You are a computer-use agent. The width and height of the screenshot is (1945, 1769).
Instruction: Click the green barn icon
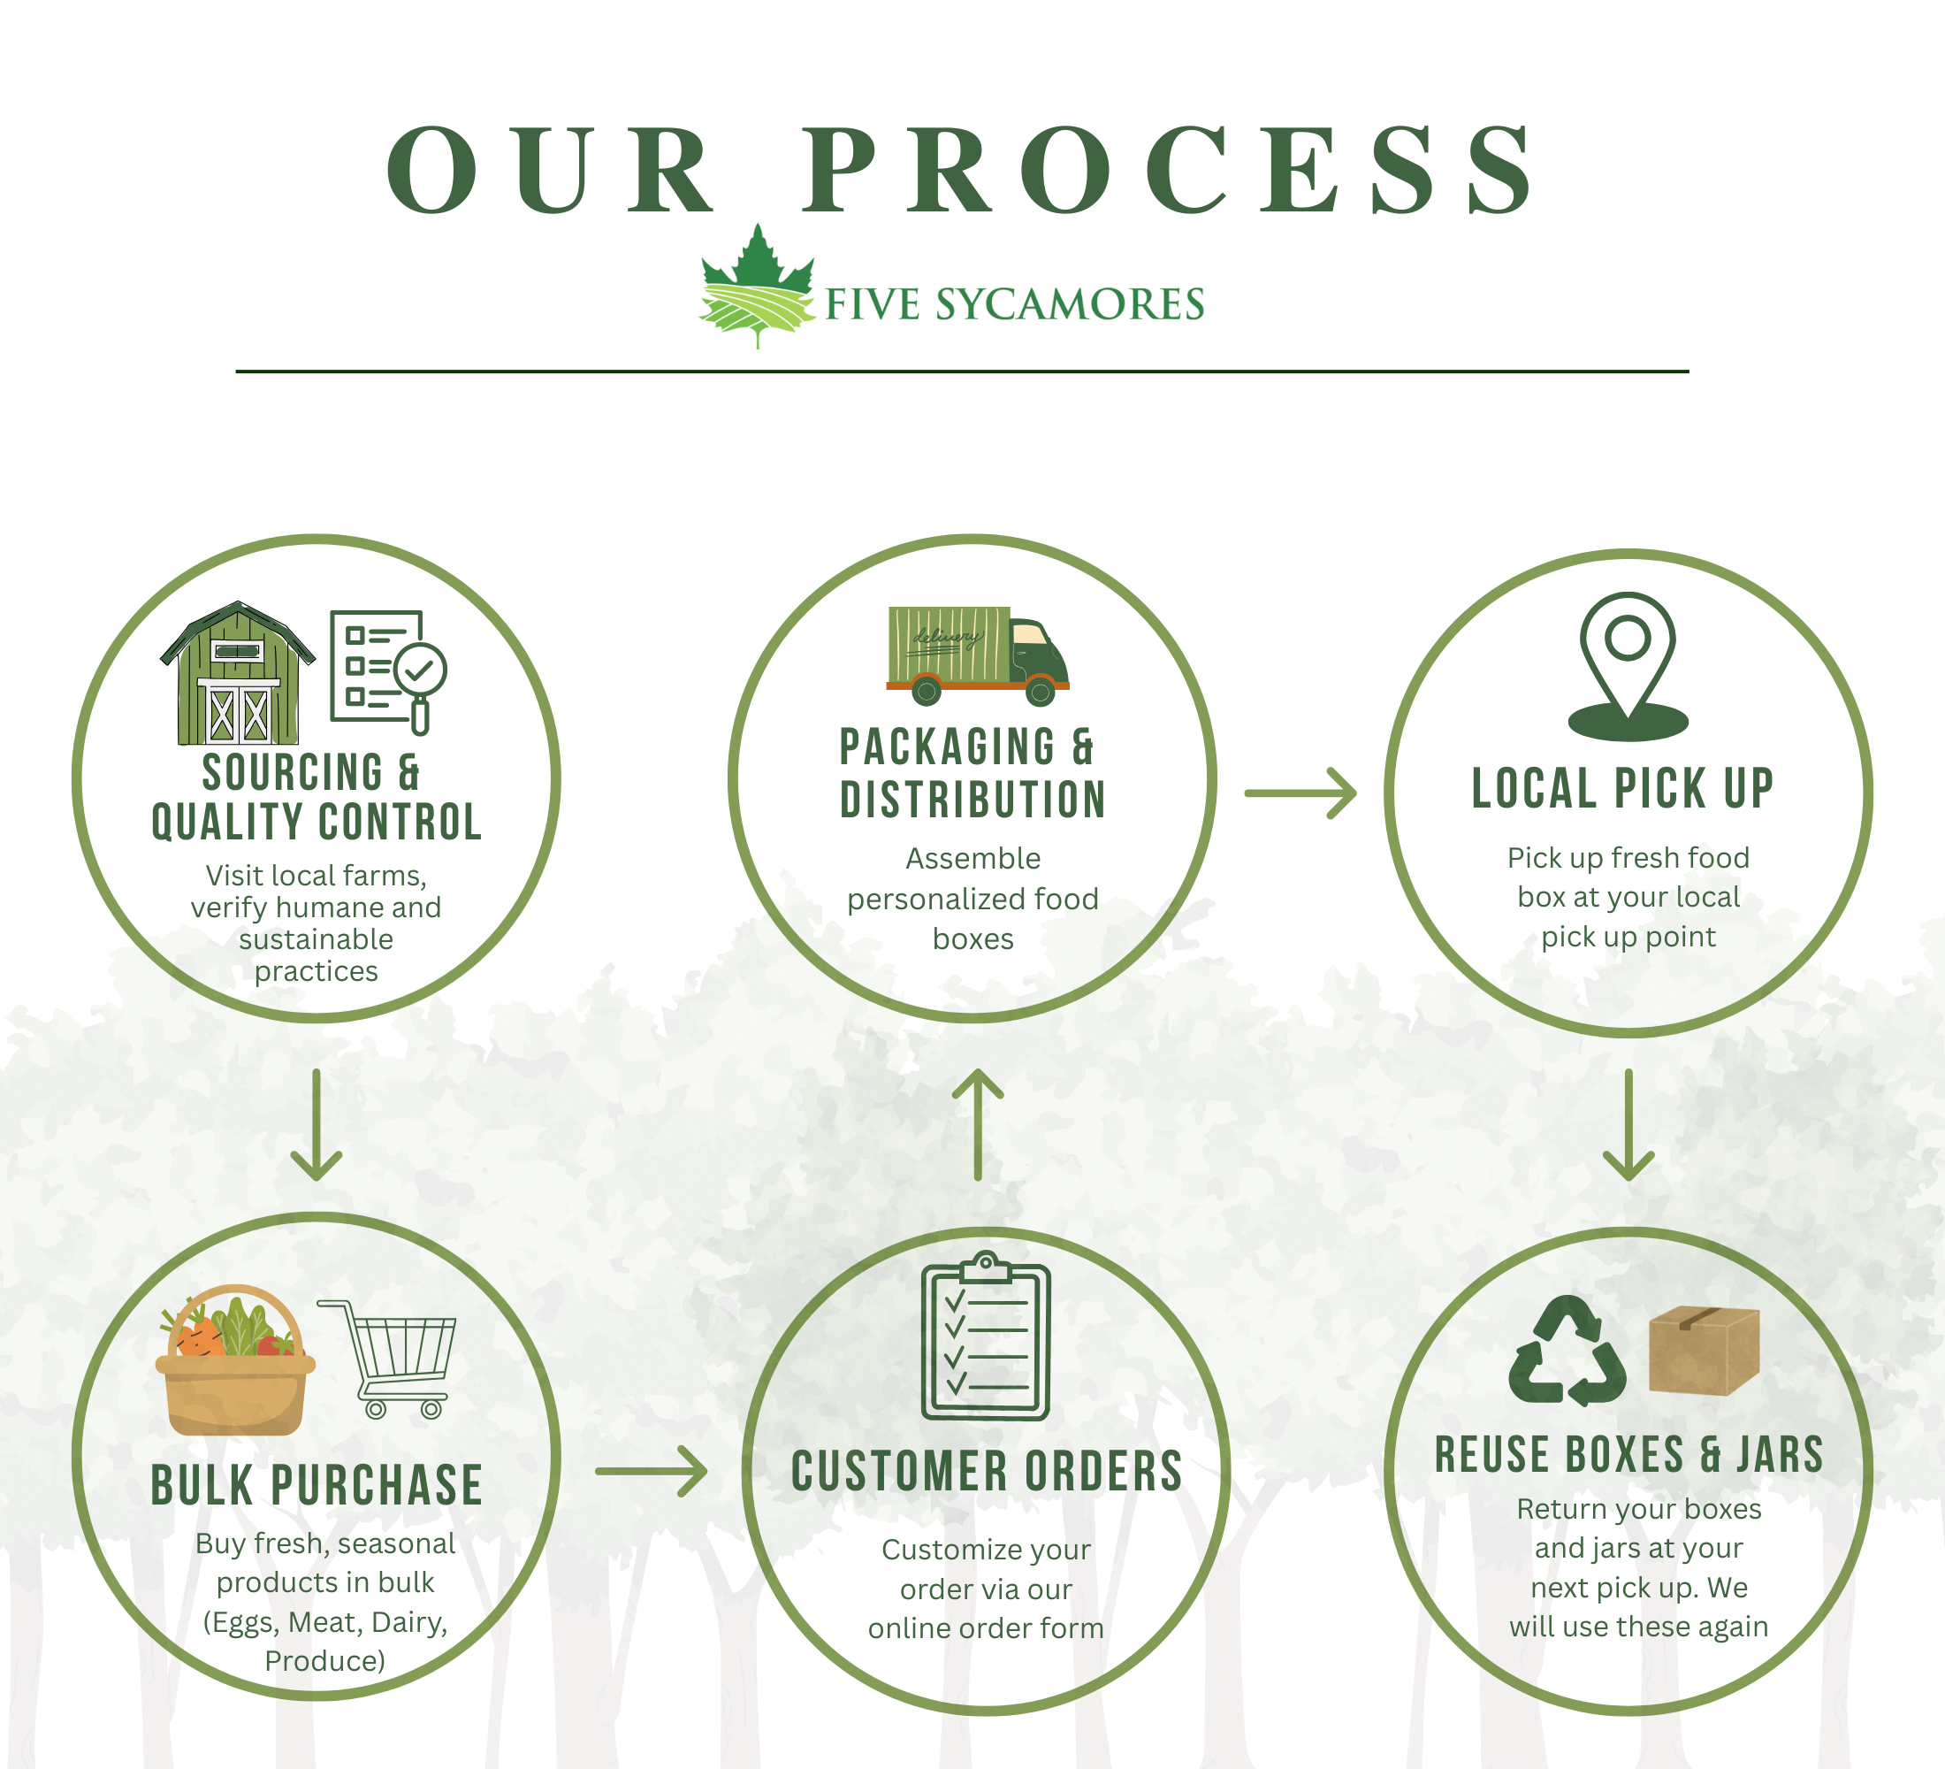pyautogui.click(x=237, y=674)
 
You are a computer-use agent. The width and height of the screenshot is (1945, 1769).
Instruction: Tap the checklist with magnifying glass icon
pyautogui.click(x=386, y=670)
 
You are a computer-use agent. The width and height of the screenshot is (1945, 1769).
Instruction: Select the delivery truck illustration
pyautogui.click(x=976, y=655)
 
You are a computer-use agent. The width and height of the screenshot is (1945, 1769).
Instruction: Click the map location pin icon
pyautogui.click(x=1628, y=666)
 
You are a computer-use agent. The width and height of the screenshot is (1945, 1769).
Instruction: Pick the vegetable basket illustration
pyautogui.click(x=235, y=1362)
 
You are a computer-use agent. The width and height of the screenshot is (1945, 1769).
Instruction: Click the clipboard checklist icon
pyautogui.click(x=985, y=1336)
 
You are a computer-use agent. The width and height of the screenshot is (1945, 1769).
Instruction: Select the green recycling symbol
pyautogui.click(x=1567, y=1352)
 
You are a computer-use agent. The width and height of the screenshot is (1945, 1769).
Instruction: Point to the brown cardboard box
pyautogui.click(x=1704, y=1349)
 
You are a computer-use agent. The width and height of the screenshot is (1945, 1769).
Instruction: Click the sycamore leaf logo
pyautogui.click(x=759, y=286)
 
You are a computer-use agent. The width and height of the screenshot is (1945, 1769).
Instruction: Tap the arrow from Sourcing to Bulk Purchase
pyautogui.click(x=317, y=1124)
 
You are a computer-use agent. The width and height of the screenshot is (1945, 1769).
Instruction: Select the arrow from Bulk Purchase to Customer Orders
pyautogui.click(x=652, y=1471)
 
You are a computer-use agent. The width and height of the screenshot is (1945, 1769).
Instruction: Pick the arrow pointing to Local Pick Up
pyautogui.click(x=1300, y=793)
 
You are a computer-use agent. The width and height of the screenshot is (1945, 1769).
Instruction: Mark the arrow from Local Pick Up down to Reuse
pyautogui.click(x=1628, y=1124)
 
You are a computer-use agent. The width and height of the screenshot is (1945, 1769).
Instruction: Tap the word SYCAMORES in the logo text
pyautogui.click(x=1069, y=304)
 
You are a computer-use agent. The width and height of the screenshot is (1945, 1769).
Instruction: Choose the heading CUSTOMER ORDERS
pyautogui.click(x=986, y=1472)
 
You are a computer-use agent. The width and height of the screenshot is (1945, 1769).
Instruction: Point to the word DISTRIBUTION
pyautogui.click(x=972, y=800)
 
